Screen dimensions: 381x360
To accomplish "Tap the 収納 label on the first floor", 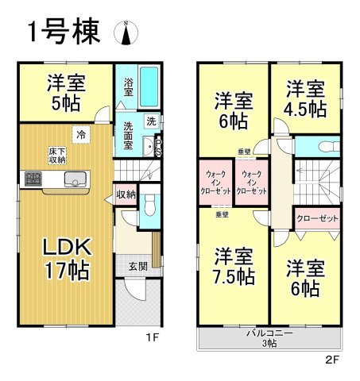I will (126, 194).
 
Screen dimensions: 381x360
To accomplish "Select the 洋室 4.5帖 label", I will (305, 98).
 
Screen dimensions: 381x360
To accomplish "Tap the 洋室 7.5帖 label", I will (233, 267).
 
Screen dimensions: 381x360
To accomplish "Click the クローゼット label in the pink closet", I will (317, 218).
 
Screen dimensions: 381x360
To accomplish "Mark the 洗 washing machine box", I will (151, 121).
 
